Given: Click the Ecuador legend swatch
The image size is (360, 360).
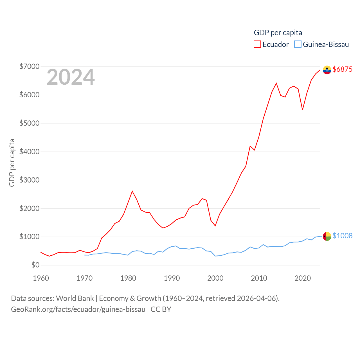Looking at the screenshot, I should pyautogui.click(x=257, y=44).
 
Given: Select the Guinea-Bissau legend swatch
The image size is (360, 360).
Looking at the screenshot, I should pyautogui.click(x=298, y=44).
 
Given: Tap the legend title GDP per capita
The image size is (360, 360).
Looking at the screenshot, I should pyautogui.click(x=278, y=33).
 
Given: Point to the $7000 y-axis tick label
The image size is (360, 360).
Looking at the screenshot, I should pyautogui.click(x=29, y=66).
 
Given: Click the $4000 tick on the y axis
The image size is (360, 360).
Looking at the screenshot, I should pyautogui.click(x=29, y=152).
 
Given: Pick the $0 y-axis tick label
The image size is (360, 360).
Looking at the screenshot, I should pyautogui.click(x=35, y=265).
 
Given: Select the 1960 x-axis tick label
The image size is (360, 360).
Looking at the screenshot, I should pyautogui.click(x=41, y=278).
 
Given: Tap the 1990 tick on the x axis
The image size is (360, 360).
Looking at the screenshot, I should pyautogui.click(x=172, y=278).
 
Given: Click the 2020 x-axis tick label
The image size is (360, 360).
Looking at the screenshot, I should pyautogui.click(x=303, y=278).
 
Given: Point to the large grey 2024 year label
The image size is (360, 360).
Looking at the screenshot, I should pyautogui.click(x=71, y=77).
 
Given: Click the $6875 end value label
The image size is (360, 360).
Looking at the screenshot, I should pyautogui.click(x=342, y=69).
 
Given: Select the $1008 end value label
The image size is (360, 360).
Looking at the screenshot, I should pyautogui.click(x=342, y=236).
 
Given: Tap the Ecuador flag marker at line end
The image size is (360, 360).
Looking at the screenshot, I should pyautogui.click(x=327, y=70).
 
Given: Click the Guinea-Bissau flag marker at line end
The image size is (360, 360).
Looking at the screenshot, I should pyautogui.click(x=327, y=236).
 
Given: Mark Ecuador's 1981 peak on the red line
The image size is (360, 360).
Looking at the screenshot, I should pyautogui.click(x=132, y=191).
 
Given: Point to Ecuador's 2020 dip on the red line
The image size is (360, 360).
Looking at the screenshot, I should pyautogui.click(x=302, y=110).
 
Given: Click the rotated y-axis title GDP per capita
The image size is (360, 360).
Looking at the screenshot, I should pyautogui.click(x=12, y=163).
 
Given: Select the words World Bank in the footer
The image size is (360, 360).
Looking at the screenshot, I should pyautogui.click(x=75, y=298).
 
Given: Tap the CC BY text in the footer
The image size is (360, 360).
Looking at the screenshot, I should pyautogui.click(x=161, y=309).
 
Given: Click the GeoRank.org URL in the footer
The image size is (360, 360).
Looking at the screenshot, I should pyautogui.click(x=78, y=309).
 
